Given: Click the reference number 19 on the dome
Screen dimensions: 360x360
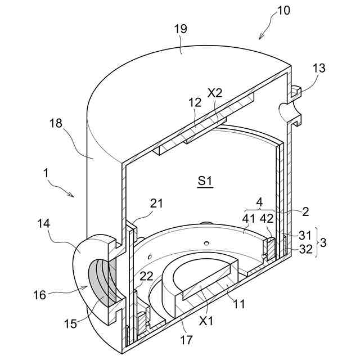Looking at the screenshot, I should [181, 29].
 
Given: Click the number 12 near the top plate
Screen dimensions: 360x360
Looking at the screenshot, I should [195, 102].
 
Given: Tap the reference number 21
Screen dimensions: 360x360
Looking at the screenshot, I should [156, 204].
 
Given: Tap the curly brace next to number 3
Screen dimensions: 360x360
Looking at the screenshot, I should [317, 242].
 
